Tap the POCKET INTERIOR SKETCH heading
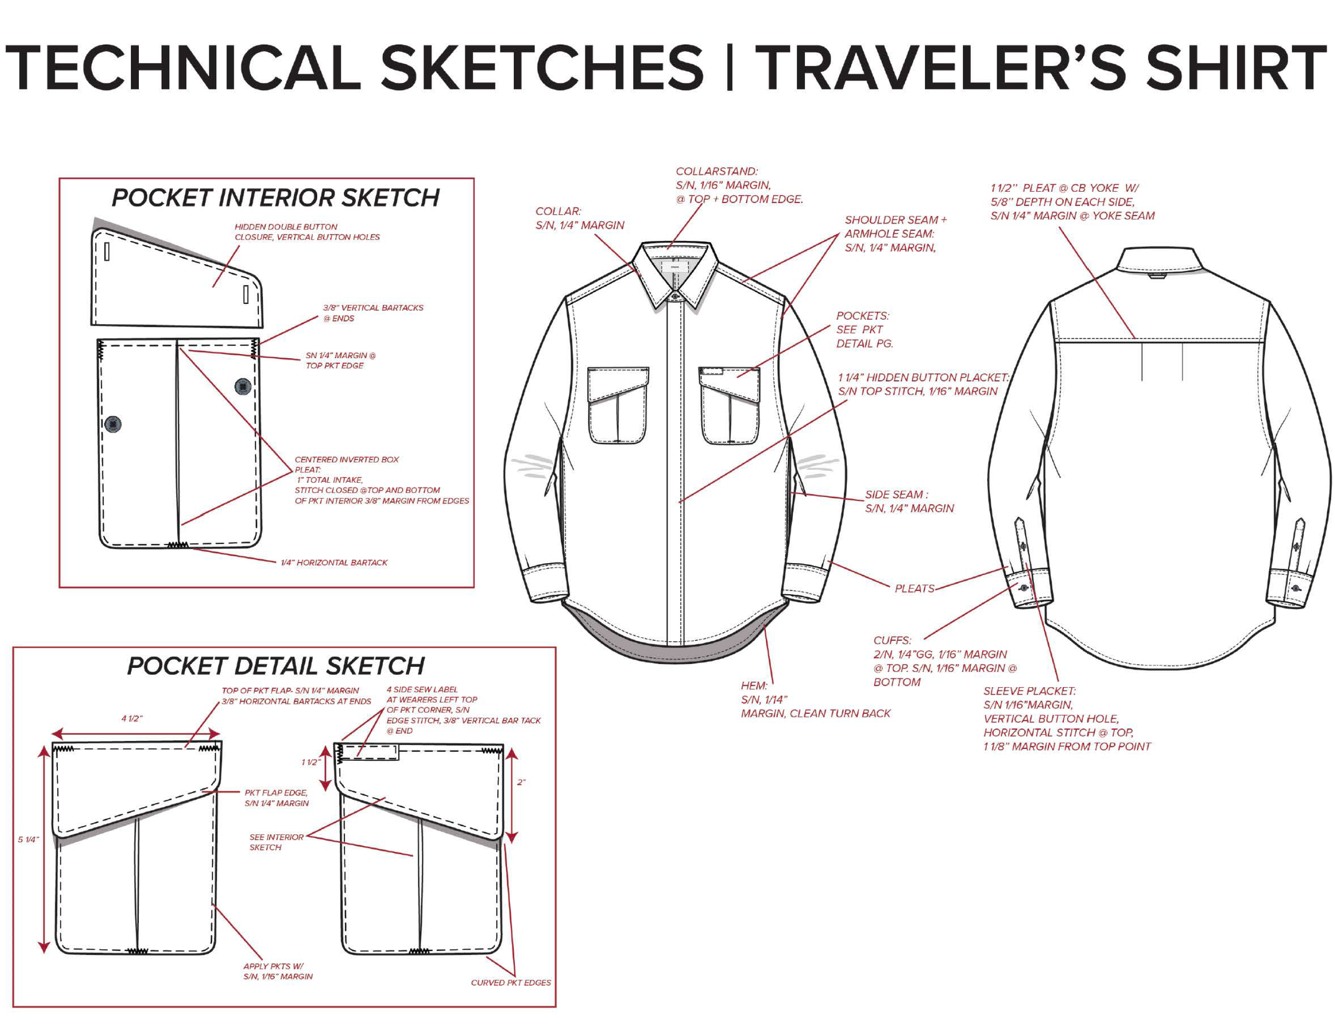[x=275, y=198]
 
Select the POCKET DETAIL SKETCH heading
[x=276, y=665]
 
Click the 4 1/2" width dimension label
[x=132, y=719]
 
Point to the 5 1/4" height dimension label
[x=28, y=839]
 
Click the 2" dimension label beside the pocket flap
[x=521, y=782]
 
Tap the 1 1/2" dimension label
[x=310, y=762]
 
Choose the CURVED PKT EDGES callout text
[x=511, y=982]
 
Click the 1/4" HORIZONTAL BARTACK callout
[x=334, y=562]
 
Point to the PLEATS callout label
[x=914, y=588]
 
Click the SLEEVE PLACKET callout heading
[x=1030, y=691]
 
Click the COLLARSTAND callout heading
[x=717, y=172]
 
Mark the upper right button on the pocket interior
[x=242, y=386]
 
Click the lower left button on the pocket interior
[x=113, y=423]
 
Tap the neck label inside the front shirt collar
[x=674, y=267]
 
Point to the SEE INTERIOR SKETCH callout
[x=276, y=842]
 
